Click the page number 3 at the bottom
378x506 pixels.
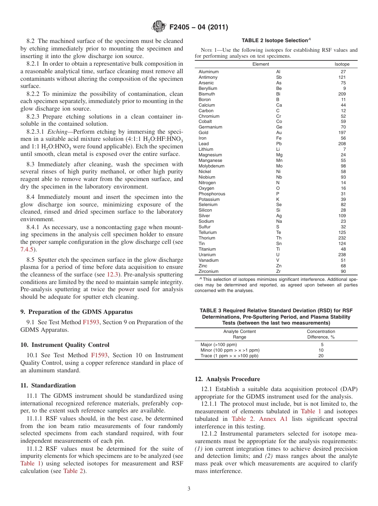coord(189,488)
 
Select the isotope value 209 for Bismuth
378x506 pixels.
coord(342,94)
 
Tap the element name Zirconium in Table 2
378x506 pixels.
coord(209,271)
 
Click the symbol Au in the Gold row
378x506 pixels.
coord(279,133)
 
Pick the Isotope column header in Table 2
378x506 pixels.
coord(342,64)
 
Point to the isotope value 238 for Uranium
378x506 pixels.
coord(342,255)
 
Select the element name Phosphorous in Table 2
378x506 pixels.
coord(212,194)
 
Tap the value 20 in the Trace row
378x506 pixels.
coord(321,356)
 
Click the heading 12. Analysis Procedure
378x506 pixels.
coord(227,379)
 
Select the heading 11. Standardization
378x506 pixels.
coord(48,385)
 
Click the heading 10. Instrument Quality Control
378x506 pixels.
coord(65,345)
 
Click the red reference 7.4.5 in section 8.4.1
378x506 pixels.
coord(27,249)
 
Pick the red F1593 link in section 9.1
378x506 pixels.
coord(92,322)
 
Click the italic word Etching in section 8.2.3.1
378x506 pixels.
coord(58,132)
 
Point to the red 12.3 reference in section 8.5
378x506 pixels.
coord(112,274)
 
